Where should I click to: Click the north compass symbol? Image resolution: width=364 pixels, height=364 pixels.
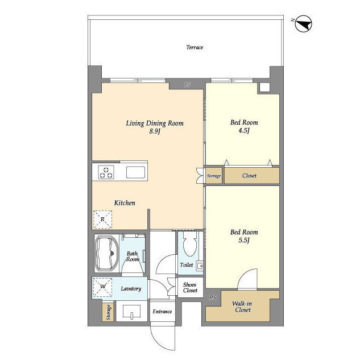click(x=303, y=23)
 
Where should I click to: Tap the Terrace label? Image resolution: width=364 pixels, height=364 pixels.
click(x=195, y=47)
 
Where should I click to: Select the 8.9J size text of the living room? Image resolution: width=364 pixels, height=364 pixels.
click(x=155, y=131)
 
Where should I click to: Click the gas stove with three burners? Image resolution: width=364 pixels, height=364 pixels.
click(x=106, y=172)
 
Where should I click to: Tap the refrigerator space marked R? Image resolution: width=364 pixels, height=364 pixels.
click(x=102, y=220)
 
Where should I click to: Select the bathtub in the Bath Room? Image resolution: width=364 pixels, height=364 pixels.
click(x=106, y=253)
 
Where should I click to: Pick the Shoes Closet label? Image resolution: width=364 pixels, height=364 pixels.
click(x=190, y=287)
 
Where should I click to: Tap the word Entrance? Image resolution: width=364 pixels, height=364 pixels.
click(x=162, y=312)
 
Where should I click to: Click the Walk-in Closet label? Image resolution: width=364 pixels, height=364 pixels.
click(x=242, y=307)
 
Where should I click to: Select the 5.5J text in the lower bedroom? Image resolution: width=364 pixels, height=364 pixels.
click(x=244, y=240)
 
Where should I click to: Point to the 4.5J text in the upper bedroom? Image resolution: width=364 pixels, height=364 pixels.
click(x=244, y=130)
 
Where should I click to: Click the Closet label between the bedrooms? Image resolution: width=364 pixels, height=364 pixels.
click(x=249, y=176)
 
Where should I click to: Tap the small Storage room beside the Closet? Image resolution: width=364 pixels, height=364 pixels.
click(x=214, y=176)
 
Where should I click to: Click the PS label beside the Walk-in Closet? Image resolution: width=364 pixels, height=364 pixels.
click(x=213, y=297)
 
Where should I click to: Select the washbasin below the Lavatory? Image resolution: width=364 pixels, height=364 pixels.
click(x=131, y=311)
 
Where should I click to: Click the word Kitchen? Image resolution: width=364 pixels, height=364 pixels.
click(x=125, y=203)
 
